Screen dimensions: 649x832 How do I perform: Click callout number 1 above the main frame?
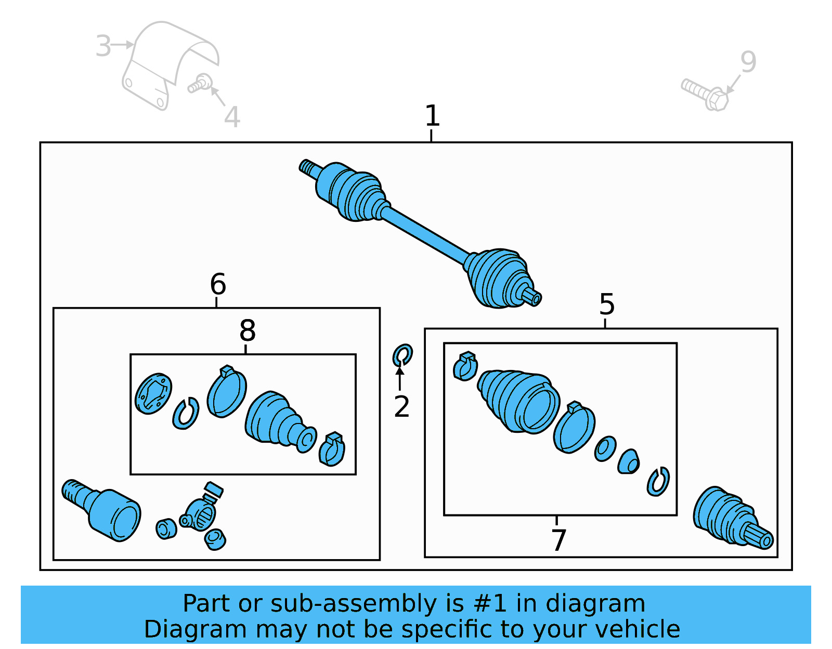pos(432,115)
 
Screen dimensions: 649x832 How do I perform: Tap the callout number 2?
pos(401,407)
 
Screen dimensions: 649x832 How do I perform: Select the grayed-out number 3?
pos(103,46)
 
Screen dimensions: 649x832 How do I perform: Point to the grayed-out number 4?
pos(232,117)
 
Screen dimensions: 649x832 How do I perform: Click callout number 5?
pos(606,304)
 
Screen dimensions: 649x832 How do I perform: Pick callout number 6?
pos(218,284)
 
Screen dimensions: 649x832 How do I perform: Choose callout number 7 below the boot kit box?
pos(558,540)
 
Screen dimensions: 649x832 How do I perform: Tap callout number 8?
pos(248,330)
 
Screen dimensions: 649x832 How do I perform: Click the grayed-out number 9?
pos(748,62)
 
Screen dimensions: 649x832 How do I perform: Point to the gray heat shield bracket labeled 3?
pos(166,62)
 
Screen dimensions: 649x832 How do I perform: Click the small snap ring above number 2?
pos(402,355)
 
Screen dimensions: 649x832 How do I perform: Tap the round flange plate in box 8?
pos(153,393)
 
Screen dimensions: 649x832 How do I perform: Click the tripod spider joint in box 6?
pos(200,514)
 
